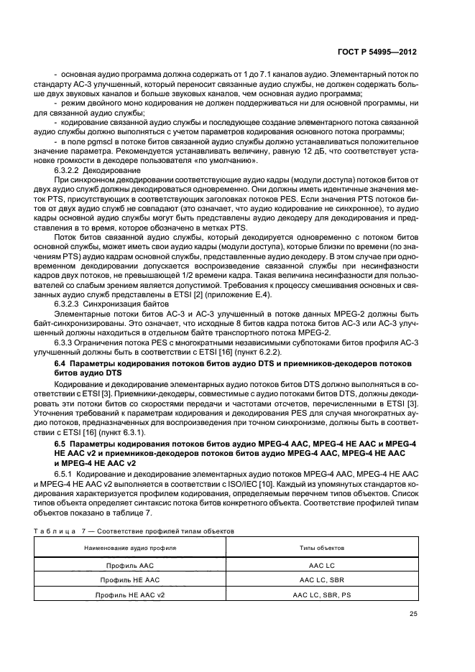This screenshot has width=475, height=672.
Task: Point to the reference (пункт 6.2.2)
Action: tap(257, 350)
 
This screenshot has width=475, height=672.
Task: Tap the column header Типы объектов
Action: tap(322, 547)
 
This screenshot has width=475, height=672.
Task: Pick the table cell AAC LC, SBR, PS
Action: tap(321, 595)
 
